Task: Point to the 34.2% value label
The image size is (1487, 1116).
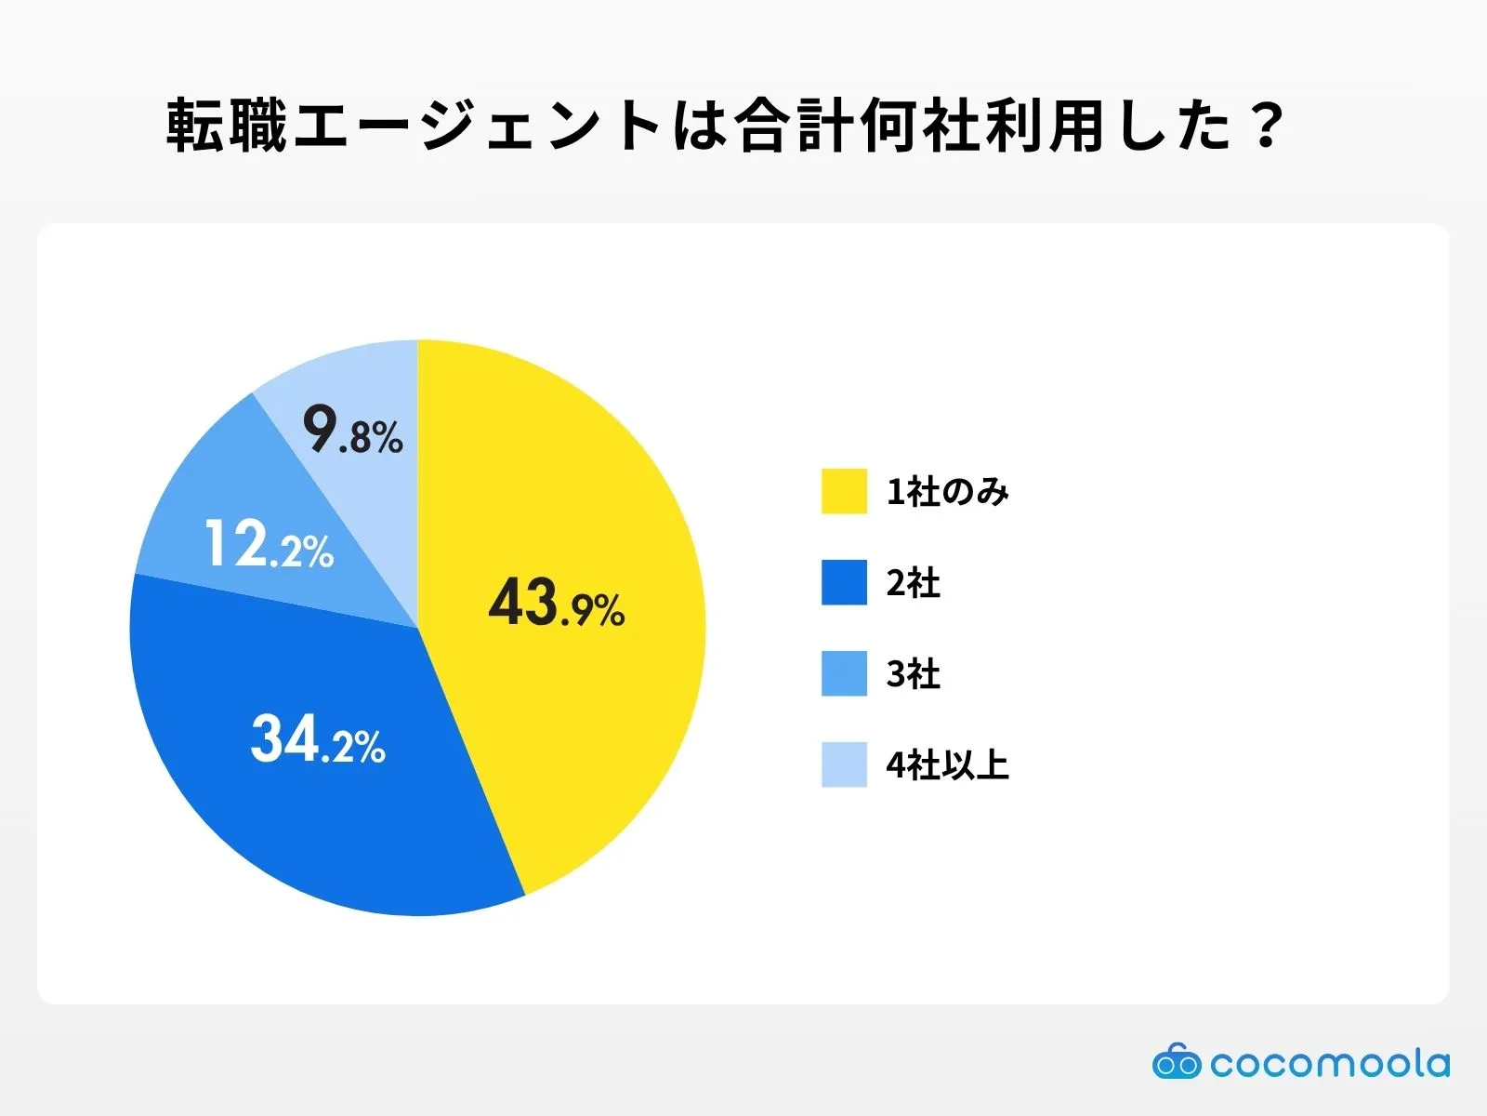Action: tap(318, 740)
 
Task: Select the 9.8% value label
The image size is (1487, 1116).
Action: tap(353, 431)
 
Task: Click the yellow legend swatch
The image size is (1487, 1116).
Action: tap(844, 491)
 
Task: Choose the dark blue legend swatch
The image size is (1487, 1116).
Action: tap(844, 582)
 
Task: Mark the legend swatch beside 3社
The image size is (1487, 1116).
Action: tap(844, 673)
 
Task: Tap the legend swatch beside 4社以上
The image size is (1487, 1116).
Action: tap(844, 764)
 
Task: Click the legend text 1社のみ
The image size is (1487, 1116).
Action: tap(947, 492)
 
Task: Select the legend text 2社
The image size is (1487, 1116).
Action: tap(913, 583)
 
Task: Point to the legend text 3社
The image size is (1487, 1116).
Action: tap(913, 674)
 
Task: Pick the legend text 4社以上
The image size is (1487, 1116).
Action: tap(947, 765)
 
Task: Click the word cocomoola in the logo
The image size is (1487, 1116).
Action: tap(1329, 1063)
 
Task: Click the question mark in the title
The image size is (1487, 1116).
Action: tap(1267, 126)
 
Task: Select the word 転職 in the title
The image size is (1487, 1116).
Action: tap(228, 126)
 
